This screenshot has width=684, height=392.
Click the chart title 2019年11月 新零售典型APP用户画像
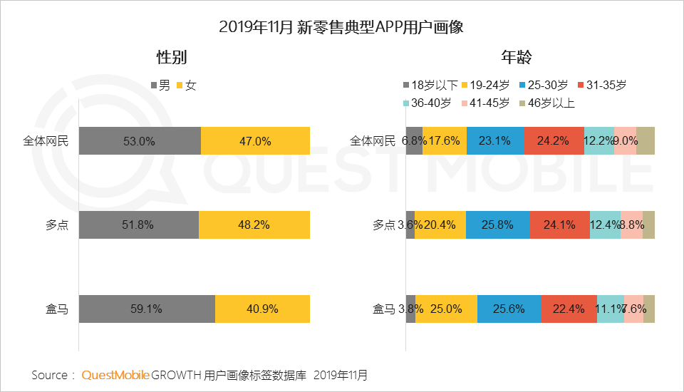[x=341, y=28]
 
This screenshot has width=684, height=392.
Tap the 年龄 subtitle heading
[x=516, y=58]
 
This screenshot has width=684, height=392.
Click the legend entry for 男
[x=160, y=86]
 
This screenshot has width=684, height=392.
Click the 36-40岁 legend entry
[x=427, y=103]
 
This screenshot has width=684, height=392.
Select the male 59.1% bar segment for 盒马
[x=147, y=309]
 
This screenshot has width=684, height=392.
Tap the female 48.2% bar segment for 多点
[x=254, y=225]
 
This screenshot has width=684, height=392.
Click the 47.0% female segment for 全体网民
[x=255, y=140]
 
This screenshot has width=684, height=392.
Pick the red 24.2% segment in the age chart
[x=554, y=140]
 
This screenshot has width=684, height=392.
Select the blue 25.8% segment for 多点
[x=498, y=225]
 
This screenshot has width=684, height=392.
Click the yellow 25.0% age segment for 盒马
[x=446, y=309]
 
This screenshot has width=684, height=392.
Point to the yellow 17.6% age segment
[x=445, y=140]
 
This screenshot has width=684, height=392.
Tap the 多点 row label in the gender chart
[x=57, y=225]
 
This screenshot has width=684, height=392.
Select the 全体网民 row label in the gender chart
[x=46, y=140]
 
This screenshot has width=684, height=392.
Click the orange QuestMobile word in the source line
[x=115, y=375]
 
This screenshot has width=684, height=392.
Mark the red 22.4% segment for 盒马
[x=569, y=309]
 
